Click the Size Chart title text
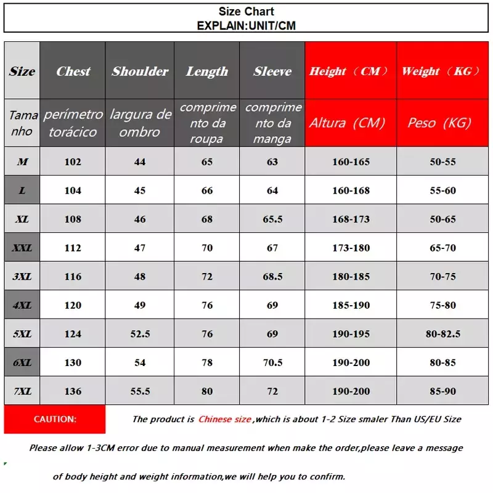pos(246,12)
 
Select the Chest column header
pos(73,71)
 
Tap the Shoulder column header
pos(140,71)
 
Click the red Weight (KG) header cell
pos(441,71)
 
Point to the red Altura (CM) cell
pos(351,123)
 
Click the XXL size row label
pos(22,248)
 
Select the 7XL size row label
pos(22,391)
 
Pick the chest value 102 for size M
pos(73,162)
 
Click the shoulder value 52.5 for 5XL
pos(140,334)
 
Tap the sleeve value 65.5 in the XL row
pos(272,219)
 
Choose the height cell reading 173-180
pos(351,248)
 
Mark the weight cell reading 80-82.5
pos(443,334)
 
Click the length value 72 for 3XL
pos(207,277)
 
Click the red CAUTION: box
pos(55,419)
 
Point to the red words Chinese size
pos(224,419)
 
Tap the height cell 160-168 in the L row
pos(351,190)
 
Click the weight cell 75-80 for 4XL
pos(443,305)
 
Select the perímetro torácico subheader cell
pos(73,123)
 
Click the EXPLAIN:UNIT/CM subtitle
pos(246,25)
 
